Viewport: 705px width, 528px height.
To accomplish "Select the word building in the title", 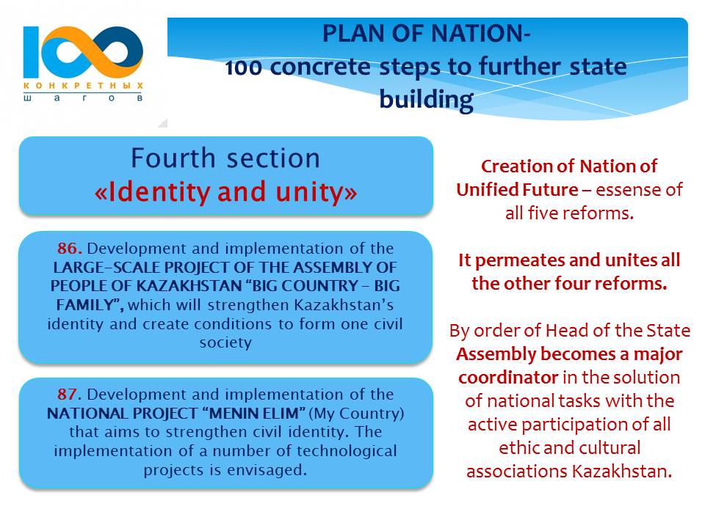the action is (426, 100).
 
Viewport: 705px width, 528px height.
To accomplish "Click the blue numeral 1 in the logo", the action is (31, 52).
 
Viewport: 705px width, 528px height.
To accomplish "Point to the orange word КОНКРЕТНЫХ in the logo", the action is (83, 85).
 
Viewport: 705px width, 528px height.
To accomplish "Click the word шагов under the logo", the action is (83, 98).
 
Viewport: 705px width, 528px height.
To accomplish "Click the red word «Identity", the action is (152, 192).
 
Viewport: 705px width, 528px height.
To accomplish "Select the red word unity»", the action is (317, 192).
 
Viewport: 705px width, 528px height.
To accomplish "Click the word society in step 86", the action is (225, 343).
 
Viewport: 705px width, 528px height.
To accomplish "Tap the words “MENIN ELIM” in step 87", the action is (257, 414).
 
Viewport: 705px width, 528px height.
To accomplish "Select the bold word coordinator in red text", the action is (508, 378).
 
